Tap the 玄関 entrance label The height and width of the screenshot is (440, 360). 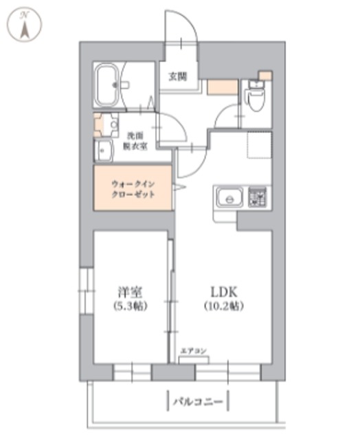pyautogui.click(x=178, y=77)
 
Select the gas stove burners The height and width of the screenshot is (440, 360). pyautogui.click(x=258, y=199)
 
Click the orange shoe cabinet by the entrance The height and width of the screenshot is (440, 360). pyautogui.click(x=221, y=87)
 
